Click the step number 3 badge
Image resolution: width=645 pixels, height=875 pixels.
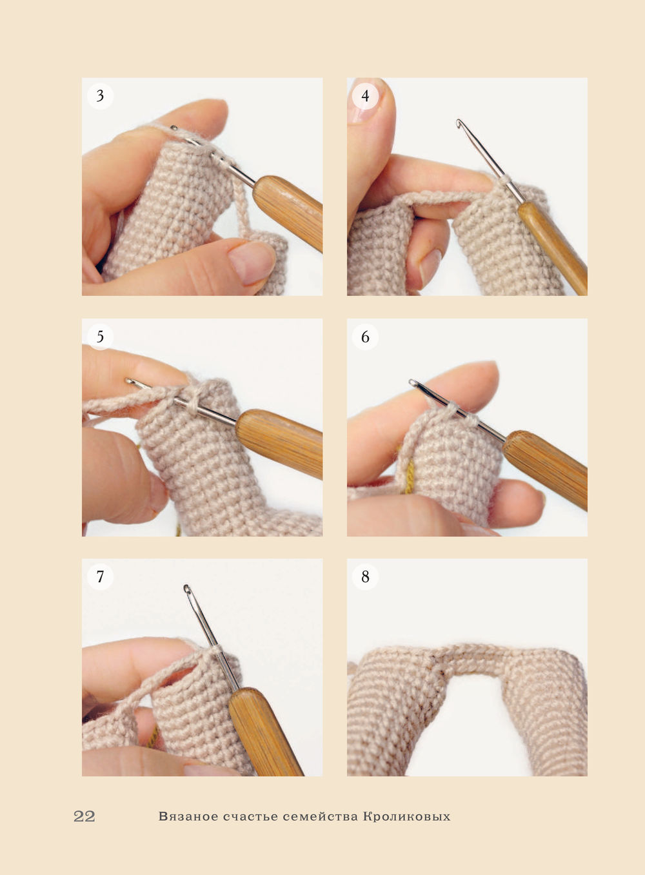pos(100,95)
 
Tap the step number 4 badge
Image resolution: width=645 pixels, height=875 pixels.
pos(365,95)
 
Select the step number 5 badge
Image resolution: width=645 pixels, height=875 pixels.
pos(100,337)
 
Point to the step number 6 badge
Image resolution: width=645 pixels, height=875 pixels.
pos(365,337)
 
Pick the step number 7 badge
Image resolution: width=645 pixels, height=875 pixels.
pos(100,576)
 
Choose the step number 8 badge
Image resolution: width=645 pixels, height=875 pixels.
pos(365,576)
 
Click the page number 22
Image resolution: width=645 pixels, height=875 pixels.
pos(84,816)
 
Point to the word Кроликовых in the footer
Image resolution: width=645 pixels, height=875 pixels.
pos(406,816)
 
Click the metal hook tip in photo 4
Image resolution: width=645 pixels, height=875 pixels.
pos(459,123)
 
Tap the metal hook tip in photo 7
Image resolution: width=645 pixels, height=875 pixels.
pos(187,589)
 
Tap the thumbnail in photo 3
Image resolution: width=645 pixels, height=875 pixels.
pos(250,264)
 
